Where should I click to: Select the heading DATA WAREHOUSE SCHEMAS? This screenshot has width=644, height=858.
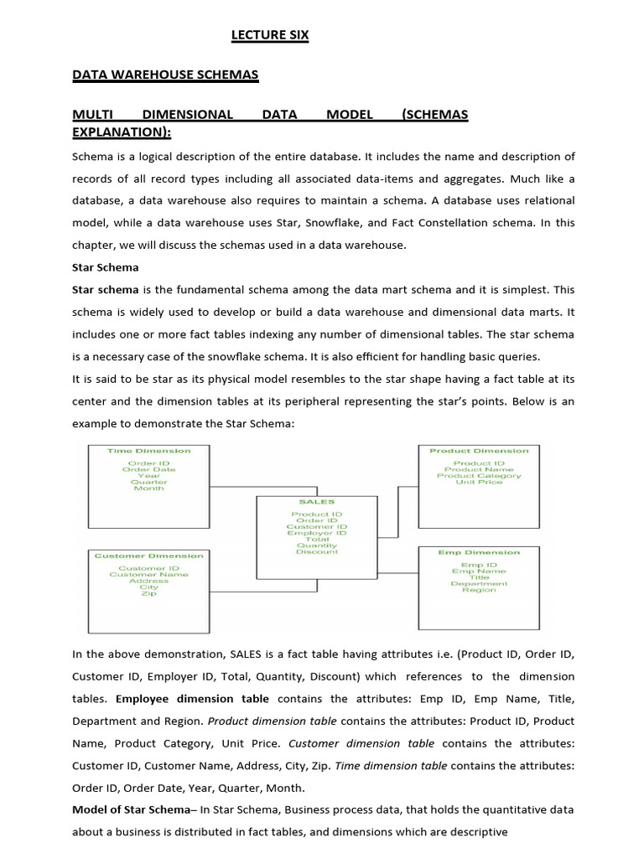point(165,75)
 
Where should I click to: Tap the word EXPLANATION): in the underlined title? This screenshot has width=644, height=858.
point(122,132)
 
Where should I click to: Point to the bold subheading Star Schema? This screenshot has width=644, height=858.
point(106,267)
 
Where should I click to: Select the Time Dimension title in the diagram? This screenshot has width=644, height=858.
point(149,451)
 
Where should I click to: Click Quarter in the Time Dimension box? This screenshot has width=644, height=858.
point(149,482)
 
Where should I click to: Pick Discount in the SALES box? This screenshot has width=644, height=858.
point(317,551)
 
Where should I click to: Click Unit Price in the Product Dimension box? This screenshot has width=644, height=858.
point(478,482)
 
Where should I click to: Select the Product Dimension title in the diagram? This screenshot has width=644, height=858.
point(479,451)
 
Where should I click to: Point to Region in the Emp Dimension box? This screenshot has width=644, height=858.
point(479,590)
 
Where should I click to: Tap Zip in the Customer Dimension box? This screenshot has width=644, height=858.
point(149,593)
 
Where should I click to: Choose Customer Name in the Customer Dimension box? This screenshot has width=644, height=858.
point(149,574)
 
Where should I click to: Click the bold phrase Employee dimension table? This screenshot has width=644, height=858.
point(192,698)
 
